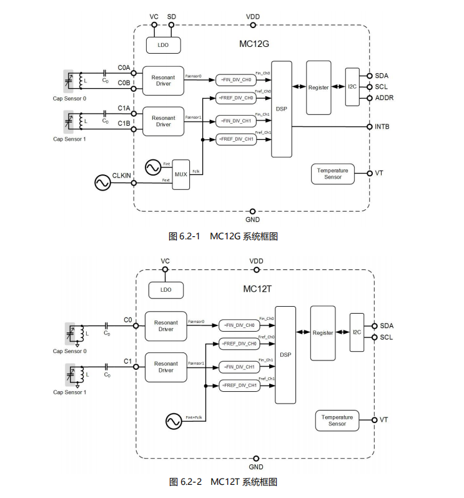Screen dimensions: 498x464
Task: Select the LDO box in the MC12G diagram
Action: coord(163,45)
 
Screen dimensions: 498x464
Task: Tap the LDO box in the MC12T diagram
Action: coord(165,290)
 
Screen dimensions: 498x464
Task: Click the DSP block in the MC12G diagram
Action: coord(281,109)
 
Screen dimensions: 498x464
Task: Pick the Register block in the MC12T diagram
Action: coord(323,333)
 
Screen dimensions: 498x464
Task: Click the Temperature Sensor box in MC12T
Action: coord(337,421)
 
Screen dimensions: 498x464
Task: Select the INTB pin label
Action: coord(382,127)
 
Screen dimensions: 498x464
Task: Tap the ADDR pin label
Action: coord(384,98)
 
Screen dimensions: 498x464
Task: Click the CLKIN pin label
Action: coord(122,176)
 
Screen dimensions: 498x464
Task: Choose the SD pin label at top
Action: coord(172,16)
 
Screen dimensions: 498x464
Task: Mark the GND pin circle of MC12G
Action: coord(252,211)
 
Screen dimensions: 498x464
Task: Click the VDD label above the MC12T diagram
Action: coord(256,261)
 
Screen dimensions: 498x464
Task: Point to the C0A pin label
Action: coord(124,67)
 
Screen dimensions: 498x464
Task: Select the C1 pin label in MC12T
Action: coord(127,361)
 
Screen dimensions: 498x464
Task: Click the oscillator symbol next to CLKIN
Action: coord(102,182)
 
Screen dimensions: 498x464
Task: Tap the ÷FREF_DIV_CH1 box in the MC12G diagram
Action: coord(236,139)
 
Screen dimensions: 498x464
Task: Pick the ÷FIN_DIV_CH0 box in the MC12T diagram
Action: coord(239,325)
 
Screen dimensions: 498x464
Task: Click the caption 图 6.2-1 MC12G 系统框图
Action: coord(223,236)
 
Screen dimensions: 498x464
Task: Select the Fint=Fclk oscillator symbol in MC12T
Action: coord(174,422)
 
